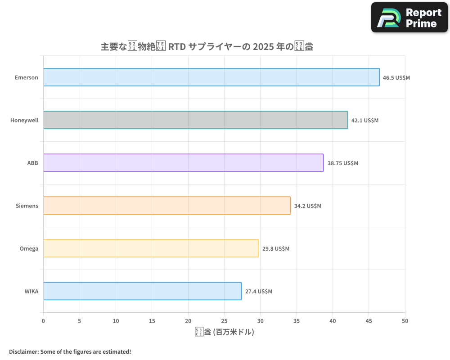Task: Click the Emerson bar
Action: coord(211,77)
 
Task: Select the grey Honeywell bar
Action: coord(195,120)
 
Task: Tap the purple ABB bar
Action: coord(183,163)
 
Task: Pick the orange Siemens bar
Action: coord(167,206)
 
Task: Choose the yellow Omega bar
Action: coord(151,248)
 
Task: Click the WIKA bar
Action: coord(142,291)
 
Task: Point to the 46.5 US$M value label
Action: coord(396,77)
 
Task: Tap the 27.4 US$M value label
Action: coord(258,291)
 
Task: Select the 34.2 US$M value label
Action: coord(307,206)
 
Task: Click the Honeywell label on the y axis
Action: coord(24,120)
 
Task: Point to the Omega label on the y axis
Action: coord(29,248)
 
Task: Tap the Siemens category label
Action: coord(27,206)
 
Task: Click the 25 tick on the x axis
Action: coord(224,321)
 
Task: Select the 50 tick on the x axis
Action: coord(405,321)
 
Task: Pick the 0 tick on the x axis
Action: coord(43,321)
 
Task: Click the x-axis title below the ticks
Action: coord(224,332)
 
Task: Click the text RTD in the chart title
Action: coord(176,47)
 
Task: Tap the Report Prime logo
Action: coord(409,18)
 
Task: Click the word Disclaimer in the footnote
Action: coord(23,351)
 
